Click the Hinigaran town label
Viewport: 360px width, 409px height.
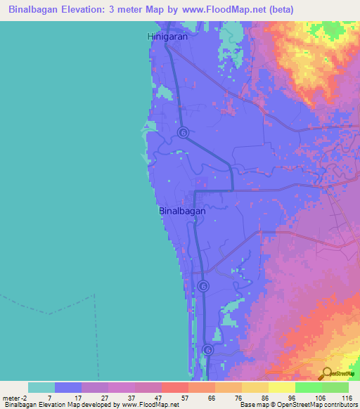click(168, 36)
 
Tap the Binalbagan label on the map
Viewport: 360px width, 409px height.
click(182, 210)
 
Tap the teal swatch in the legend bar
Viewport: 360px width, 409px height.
click(41, 387)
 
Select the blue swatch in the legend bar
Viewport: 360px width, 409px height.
click(68, 387)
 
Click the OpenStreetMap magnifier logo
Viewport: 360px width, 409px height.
click(326, 373)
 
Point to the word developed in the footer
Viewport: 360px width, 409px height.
click(98, 405)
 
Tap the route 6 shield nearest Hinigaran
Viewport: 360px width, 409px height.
click(183, 132)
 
